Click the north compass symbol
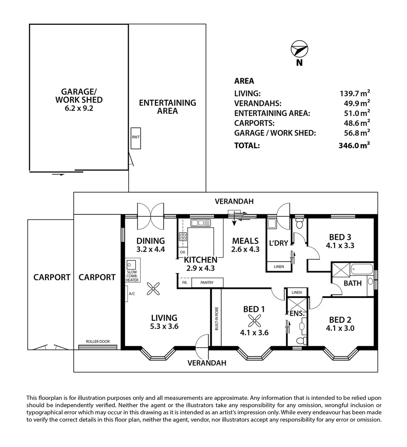(299, 50)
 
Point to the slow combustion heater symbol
(132, 264)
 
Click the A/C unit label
(132, 293)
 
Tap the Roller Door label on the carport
(98, 342)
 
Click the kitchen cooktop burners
(183, 237)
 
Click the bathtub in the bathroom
(362, 270)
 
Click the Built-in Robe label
(216, 318)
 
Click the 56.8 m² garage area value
(355, 133)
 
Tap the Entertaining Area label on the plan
(167, 107)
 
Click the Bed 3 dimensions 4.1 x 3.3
(340, 245)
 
